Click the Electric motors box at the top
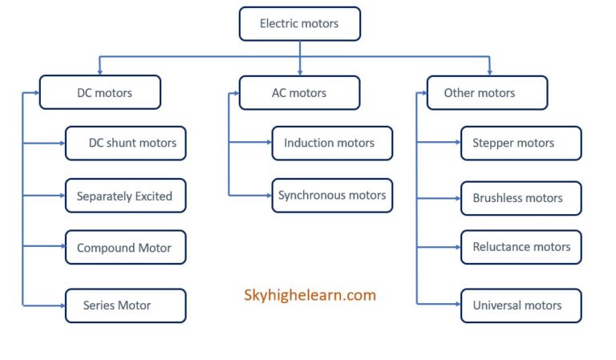pos(299,24)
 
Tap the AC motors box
pos(299,92)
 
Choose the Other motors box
pos(487,92)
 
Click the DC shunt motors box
pos(126,144)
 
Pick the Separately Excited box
pos(126,196)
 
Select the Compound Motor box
pos(126,248)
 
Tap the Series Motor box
pos(126,305)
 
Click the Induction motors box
pos(332,143)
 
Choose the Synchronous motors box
pos(332,195)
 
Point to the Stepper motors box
pos(521,143)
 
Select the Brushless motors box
pos(521,198)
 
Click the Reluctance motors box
pos(521,247)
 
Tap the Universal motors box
pos(521,305)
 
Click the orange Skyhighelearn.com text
pos(310,295)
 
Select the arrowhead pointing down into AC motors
pos(300,71)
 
